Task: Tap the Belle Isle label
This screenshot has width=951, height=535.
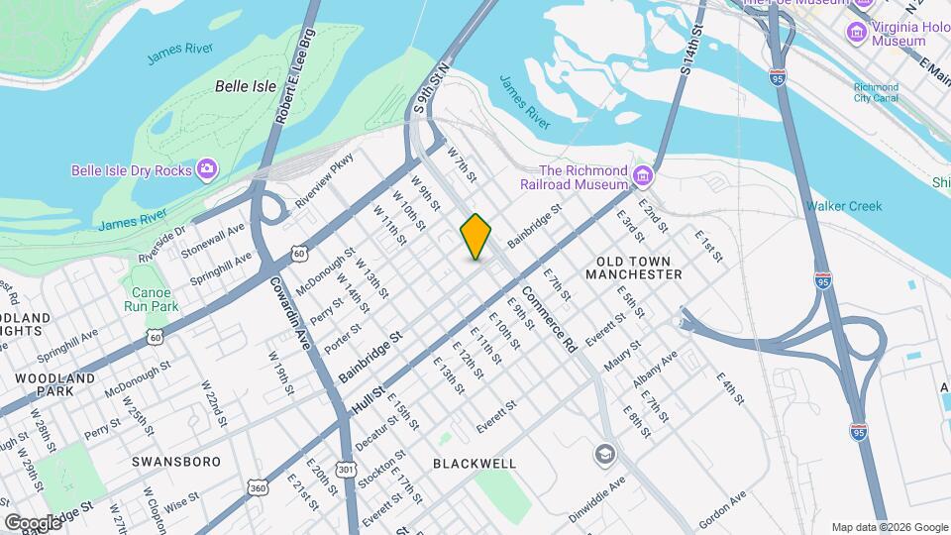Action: tap(246, 86)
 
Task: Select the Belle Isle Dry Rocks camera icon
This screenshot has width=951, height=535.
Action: tap(207, 170)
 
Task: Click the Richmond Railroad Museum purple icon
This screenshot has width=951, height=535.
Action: tap(643, 177)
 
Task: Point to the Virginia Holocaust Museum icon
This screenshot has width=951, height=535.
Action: tap(854, 33)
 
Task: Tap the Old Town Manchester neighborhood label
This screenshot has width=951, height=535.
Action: tap(639, 267)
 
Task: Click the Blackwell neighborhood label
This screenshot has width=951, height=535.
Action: tap(475, 463)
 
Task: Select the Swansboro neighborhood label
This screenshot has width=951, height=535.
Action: tap(172, 462)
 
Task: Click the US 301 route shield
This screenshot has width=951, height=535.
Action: tap(345, 468)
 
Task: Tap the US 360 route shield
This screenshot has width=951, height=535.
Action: tap(258, 487)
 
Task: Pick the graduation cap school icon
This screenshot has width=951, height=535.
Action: tap(603, 455)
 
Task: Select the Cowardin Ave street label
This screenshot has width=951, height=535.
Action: tap(288, 310)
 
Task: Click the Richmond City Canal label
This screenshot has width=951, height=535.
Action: tap(877, 92)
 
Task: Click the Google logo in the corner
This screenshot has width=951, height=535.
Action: tap(34, 522)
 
